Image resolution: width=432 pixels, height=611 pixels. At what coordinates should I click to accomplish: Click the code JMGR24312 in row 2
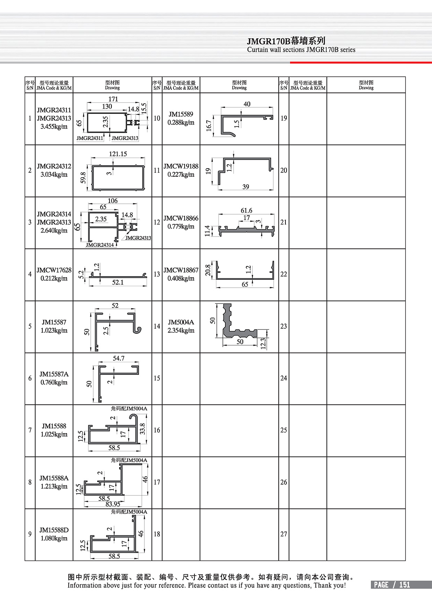pos(54,166)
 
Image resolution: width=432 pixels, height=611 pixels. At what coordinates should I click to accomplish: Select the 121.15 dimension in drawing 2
pos(118,154)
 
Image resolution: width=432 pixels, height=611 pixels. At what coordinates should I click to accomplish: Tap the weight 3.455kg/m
pos(54,126)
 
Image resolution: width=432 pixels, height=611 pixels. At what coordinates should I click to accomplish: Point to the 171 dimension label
pos(113,99)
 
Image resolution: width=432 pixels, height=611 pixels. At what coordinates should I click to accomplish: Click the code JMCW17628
pos(54,270)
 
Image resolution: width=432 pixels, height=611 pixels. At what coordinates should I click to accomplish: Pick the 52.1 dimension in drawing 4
pos(118,283)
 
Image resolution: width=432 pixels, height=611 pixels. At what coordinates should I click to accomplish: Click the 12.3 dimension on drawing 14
pos(263,343)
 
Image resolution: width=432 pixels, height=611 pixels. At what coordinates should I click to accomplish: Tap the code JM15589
pos(181,114)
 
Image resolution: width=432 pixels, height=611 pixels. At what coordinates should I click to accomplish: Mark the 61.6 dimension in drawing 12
pos(246,211)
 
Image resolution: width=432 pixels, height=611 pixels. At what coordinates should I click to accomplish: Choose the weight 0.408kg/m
pos(181,278)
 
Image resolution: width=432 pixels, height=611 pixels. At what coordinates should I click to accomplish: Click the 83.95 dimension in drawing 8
pos(113,504)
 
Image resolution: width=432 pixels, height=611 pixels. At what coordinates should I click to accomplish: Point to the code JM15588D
pos(54,530)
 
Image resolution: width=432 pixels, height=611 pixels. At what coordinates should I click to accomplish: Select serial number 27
pos(284,534)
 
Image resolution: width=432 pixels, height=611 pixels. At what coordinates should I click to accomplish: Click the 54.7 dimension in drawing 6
pos(118,359)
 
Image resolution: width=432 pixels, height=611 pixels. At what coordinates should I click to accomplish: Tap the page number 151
pos(404,585)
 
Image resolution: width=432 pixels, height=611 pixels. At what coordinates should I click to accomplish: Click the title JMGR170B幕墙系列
pos(286,41)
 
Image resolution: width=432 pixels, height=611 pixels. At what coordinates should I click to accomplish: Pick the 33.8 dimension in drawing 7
pos(143,428)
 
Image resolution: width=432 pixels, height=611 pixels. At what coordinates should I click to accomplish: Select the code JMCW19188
pos(181,166)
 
